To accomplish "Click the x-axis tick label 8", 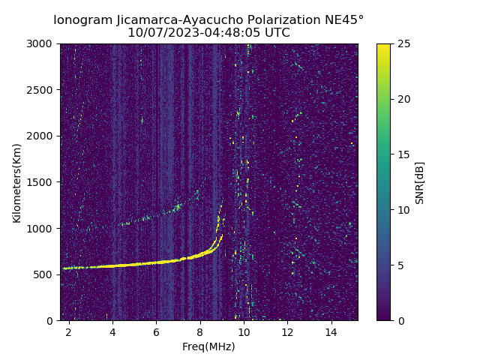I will pos(200,331).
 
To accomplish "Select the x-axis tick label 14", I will pos(331,331).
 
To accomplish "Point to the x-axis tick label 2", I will pos(69,331).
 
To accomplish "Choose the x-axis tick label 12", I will pos(287,331).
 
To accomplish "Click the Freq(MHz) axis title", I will pos(208,346).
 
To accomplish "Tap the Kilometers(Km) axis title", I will pos(17,182).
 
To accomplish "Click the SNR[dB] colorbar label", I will pos(420,182).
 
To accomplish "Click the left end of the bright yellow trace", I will pos(64,268).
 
